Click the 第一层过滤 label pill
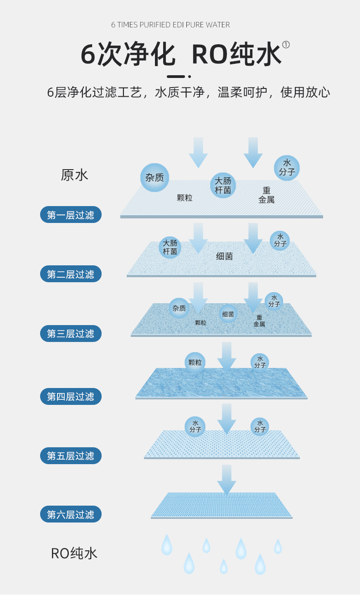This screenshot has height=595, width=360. click(71, 215)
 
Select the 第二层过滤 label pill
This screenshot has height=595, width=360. click(71, 274)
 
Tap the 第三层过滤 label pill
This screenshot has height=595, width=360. click(71, 333)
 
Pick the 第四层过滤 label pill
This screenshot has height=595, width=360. click(71, 396)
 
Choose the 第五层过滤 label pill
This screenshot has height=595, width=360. click(71, 455)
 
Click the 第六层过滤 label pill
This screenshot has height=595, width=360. click(71, 514)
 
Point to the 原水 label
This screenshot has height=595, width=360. click(74, 175)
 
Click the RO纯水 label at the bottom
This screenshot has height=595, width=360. click(74, 554)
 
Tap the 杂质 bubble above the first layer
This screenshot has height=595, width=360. click(154, 177)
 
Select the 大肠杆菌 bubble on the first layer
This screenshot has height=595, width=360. click(223, 185)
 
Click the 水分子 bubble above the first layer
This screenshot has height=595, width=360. click(287, 168)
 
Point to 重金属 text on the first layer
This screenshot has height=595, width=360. click(266, 195)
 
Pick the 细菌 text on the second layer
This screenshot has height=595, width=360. click(224, 256)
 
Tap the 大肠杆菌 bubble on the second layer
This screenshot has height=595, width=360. click(170, 247)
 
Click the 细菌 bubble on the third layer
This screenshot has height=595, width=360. click(228, 314)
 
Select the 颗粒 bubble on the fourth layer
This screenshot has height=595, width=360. click(195, 362)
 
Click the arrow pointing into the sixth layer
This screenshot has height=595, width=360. click(226, 479)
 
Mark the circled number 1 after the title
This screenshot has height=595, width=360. click(286, 44)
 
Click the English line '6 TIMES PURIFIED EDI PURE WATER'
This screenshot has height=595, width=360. click(170, 25)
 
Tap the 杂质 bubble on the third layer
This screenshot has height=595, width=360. click(179, 308)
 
